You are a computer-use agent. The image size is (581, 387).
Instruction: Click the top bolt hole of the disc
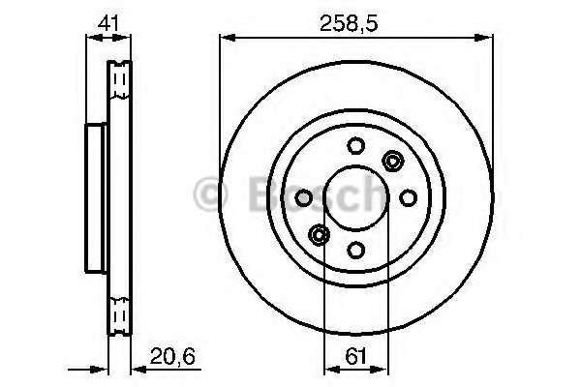coord(355,147)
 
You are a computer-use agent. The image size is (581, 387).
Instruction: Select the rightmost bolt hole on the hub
coord(407,197)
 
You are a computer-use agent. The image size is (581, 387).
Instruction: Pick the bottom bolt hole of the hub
coord(355,249)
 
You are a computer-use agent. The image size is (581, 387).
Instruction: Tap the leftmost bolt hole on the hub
coord(304,197)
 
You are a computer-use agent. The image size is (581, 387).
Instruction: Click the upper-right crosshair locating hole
coord(392,162)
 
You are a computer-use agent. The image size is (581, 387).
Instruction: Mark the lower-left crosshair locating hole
coord(319,233)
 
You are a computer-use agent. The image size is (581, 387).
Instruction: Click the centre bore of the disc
coord(355,197)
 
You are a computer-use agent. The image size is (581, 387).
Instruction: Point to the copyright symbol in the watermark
coord(208,193)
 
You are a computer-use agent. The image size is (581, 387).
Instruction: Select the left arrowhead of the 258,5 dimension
coord(227,37)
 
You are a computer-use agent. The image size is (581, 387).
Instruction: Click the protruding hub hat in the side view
coord(96,197)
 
